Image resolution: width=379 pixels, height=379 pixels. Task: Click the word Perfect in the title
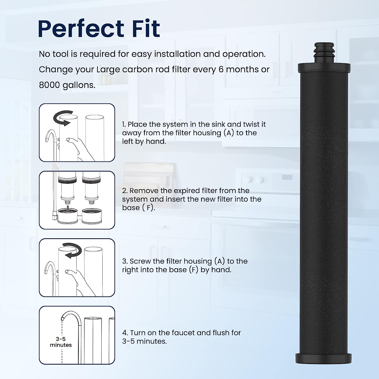(81, 29)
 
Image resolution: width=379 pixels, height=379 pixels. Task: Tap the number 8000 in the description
(50, 85)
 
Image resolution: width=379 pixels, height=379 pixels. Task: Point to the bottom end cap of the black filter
(323, 359)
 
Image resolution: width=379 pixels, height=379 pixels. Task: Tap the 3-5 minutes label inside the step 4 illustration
(61, 342)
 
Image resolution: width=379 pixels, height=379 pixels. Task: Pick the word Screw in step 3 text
(140, 261)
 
